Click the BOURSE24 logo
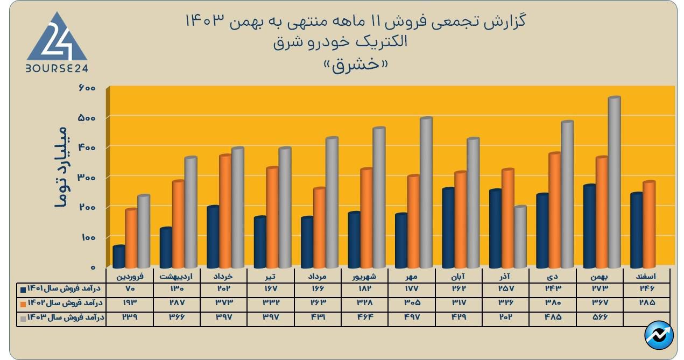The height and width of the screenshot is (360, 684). pyautogui.click(x=57, y=43)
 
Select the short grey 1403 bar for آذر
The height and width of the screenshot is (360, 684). pyautogui.click(x=520, y=237)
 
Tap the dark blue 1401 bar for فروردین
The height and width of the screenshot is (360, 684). pyautogui.click(x=119, y=257)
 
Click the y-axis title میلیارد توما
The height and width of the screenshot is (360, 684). pyautogui.click(x=61, y=166)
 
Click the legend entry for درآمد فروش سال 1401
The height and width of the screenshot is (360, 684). pyautogui.click(x=63, y=289)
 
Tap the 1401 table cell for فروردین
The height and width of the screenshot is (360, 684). pyautogui.click(x=130, y=289)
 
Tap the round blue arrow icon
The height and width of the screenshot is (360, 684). pyautogui.click(x=659, y=336)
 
